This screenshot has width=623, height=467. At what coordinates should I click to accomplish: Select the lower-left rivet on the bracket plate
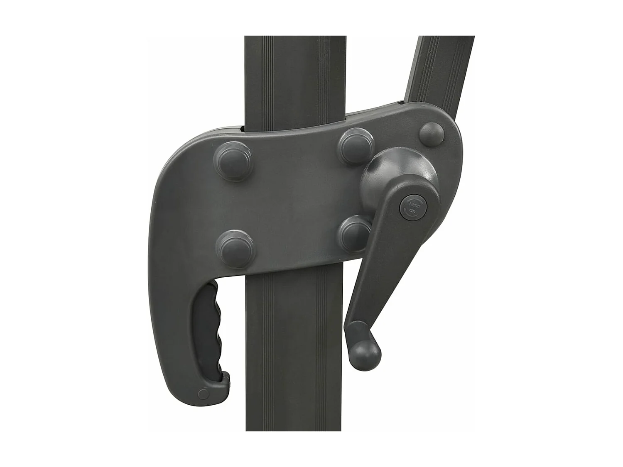click(236, 248)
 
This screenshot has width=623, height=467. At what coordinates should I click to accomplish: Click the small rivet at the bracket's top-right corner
click(432, 134)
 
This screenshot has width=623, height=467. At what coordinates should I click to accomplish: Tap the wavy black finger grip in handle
click(214, 328)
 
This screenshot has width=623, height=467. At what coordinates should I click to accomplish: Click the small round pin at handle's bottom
click(203, 394)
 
